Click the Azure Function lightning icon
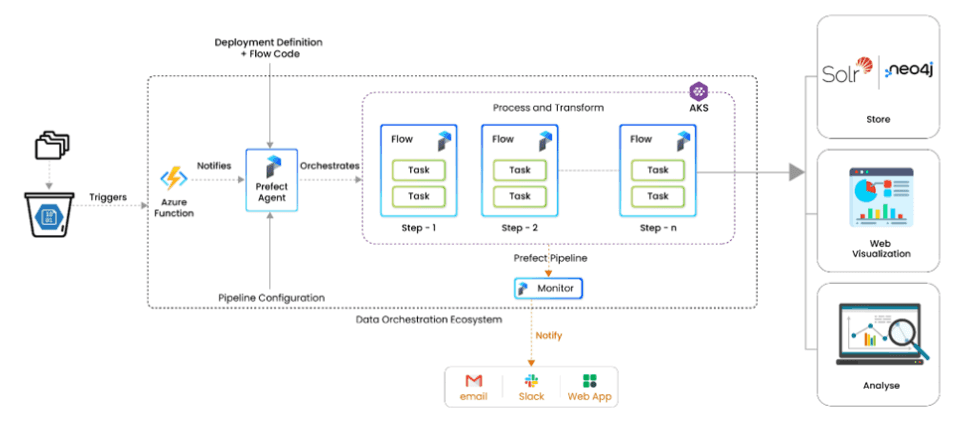[174, 179]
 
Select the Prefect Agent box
[272, 180]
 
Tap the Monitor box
[547, 289]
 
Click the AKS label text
[700, 106]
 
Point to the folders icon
[51, 145]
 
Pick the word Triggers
[107, 197]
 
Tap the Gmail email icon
[473, 380]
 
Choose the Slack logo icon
[531, 380]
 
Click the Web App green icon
[589, 380]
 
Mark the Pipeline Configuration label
[272, 298]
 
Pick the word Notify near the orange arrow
[549, 335]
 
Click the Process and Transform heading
[548, 107]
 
